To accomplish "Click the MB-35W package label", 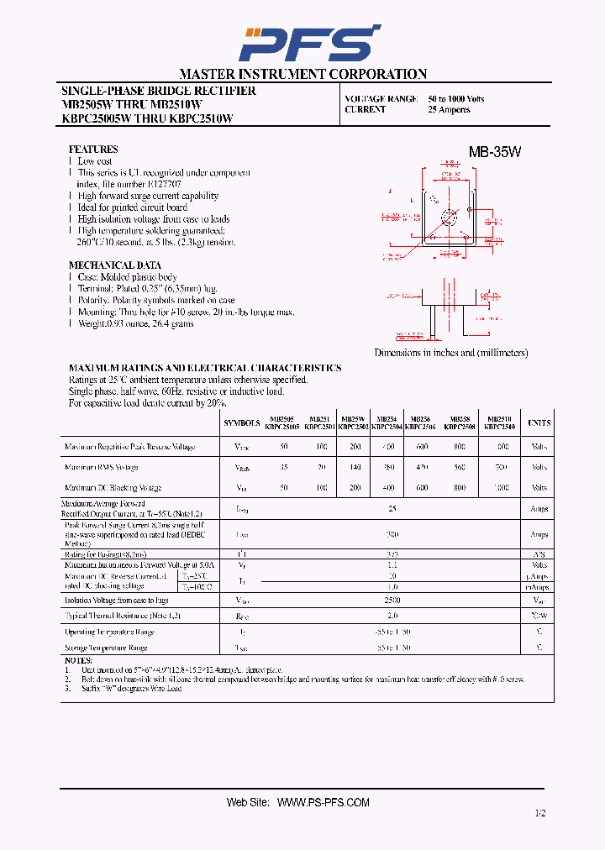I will tap(495, 152).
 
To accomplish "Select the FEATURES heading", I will tap(93, 149).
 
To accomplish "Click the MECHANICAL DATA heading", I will tap(114, 265).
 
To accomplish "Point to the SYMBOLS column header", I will tap(242, 423).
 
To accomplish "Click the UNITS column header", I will tap(539, 423).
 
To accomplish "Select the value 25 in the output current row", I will tap(392, 509).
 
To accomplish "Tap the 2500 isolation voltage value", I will tap(392, 601).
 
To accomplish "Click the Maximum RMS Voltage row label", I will tap(101, 467).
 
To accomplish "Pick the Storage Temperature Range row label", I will tap(106, 648).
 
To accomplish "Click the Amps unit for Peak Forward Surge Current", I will tap(539, 534).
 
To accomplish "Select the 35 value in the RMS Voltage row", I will tap(284, 467).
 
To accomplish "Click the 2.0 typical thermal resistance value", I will tap(392, 616).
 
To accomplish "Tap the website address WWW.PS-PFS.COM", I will tap(323, 802).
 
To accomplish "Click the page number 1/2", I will tap(539, 813).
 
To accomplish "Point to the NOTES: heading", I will tap(78, 661).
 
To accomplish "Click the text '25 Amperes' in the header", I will tap(449, 110).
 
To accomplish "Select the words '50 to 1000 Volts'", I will tap(455, 99).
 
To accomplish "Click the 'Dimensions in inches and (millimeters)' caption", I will tap(451, 353).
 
